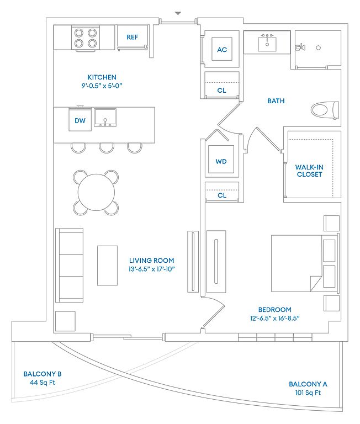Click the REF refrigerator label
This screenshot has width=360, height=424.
(132, 38)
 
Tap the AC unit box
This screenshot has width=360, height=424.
(222, 50)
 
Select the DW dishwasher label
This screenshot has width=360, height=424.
(80, 120)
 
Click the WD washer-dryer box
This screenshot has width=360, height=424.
(221, 162)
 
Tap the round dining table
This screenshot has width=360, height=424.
(96, 192)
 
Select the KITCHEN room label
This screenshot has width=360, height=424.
(102, 77)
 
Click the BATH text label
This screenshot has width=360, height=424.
(276, 101)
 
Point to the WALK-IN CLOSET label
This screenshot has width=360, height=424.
(309, 170)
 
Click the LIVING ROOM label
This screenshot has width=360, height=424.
(151, 260)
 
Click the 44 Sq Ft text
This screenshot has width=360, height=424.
(42, 383)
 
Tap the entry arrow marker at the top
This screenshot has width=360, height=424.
(177, 13)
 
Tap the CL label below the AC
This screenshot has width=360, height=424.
(221, 90)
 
